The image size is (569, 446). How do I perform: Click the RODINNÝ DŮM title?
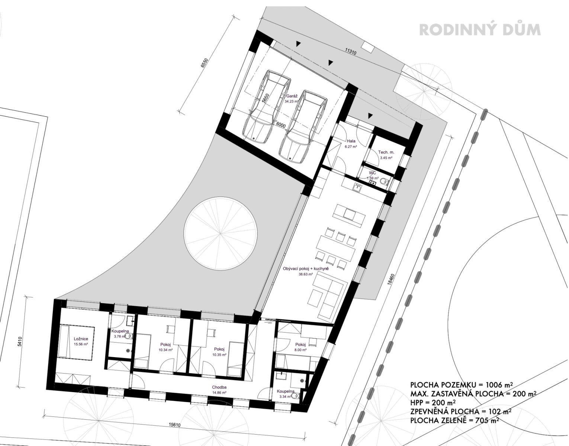[x=479, y=30]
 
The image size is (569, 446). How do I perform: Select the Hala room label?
[x=351, y=141]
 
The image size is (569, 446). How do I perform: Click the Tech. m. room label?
[x=386, y=152]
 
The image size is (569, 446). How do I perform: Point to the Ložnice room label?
[x=81, y=339]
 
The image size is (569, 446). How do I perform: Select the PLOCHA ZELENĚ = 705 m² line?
[x=454, y=420]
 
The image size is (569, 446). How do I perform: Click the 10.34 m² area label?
[x=165, y=350]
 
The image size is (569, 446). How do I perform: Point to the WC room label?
[x=373, y=173]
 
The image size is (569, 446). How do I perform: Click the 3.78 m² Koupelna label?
[x=120, y=337]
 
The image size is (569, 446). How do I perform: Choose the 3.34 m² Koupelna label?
[x=285, y=396]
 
